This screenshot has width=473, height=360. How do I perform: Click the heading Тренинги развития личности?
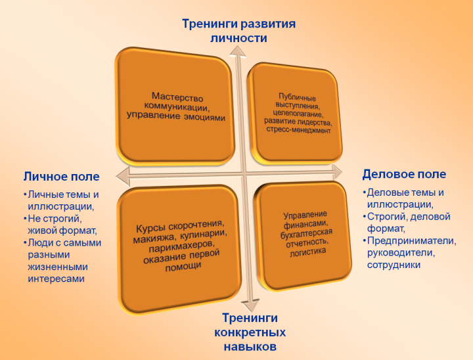pos(238,31)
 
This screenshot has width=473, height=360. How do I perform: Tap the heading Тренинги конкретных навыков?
pos(248,332)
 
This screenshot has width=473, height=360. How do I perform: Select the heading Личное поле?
pos(62,176)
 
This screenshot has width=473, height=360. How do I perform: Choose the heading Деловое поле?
pos(404,174)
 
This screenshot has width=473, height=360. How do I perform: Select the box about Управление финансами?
pos(303,233)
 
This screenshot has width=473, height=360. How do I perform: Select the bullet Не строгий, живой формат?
pos(62,224)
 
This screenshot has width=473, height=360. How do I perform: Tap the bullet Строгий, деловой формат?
pos(407,223)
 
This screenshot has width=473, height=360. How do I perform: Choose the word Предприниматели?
pos(411,240)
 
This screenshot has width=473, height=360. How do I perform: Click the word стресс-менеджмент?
pos(298,130)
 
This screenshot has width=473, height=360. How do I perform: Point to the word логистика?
pos(304,250)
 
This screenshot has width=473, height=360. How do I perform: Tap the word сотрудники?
pos(394,265)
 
